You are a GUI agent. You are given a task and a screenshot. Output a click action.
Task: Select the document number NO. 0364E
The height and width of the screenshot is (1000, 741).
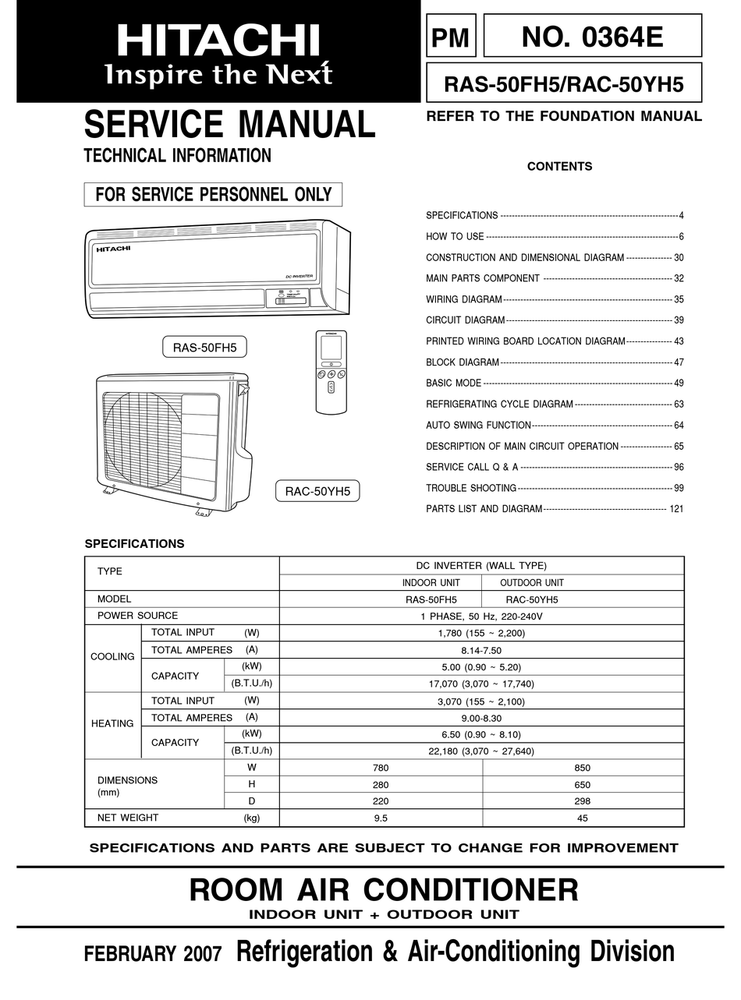point(592,36)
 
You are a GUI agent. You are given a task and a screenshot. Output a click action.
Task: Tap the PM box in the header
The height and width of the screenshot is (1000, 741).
point(451,37)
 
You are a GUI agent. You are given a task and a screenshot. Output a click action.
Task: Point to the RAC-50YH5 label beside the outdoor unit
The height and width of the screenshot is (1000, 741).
point(317,491)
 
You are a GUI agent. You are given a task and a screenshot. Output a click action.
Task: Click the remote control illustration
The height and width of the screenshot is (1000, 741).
point(331,372)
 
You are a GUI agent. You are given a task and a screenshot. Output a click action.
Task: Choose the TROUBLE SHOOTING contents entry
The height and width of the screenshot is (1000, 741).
point(471,488)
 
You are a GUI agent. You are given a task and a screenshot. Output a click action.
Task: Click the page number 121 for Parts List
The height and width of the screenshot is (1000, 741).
point(675,509)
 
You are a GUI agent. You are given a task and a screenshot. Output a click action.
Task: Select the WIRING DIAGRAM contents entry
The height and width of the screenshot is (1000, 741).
point(463,299)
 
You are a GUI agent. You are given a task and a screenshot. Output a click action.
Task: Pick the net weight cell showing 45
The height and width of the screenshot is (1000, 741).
point(583,818)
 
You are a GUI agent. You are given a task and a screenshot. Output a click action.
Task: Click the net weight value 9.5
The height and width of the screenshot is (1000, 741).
point(381,818)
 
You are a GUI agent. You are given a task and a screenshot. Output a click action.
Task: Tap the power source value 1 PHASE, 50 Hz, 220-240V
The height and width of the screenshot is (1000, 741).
point(481,616)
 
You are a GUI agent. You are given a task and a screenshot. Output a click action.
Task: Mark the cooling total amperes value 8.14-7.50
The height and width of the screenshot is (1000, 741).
point(481,650)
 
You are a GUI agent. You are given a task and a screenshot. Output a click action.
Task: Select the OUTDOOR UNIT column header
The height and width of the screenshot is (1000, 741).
point(531,582)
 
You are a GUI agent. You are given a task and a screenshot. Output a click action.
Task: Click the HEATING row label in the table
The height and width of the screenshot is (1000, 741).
point(112,723)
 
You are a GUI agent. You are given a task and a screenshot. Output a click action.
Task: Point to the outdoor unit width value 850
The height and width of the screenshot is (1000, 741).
point(583,768)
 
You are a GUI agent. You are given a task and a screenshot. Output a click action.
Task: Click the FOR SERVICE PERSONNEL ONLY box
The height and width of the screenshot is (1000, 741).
point(213,194)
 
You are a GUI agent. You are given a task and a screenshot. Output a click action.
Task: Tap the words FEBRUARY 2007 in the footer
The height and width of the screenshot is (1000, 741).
point(153,954)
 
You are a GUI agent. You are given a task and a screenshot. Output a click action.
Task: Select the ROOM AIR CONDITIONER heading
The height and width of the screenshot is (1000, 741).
point(384,889)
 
